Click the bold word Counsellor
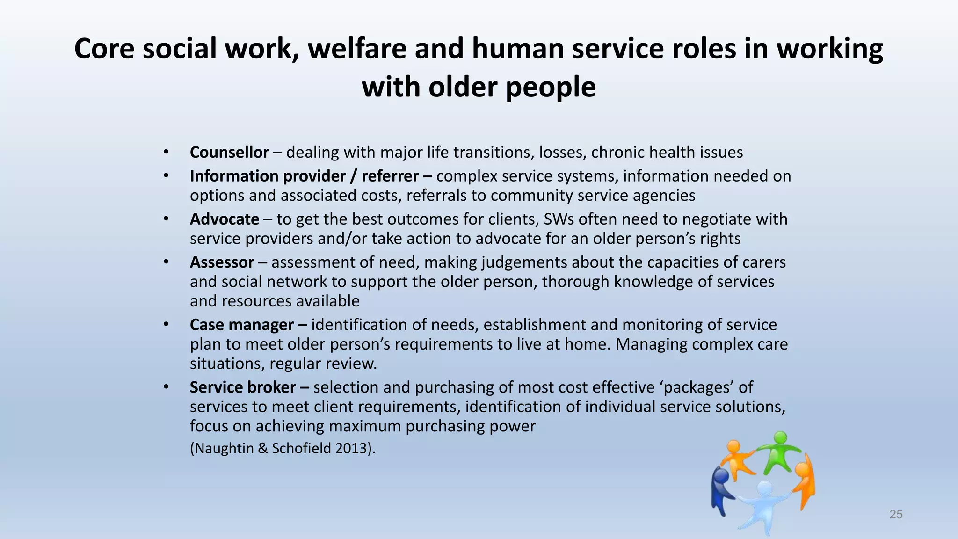229,153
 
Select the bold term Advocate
224,219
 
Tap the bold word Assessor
222,262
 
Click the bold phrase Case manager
242,325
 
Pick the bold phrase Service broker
243,387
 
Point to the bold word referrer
390,176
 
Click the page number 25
895,515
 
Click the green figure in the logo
778,452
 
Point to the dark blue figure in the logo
720,489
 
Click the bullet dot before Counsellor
166,152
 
